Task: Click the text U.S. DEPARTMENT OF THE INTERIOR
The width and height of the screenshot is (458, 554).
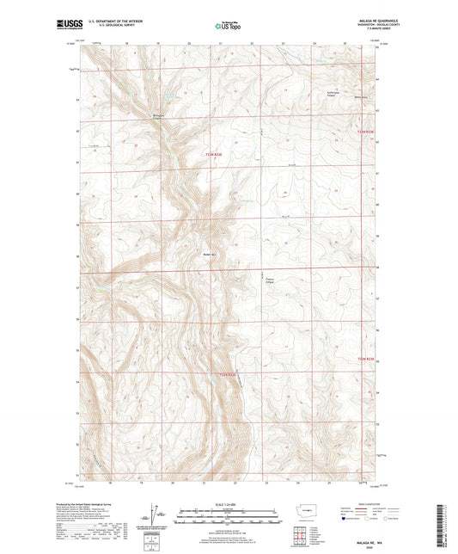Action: coord(119,22)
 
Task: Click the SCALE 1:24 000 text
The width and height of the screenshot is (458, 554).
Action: coord(228,505)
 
